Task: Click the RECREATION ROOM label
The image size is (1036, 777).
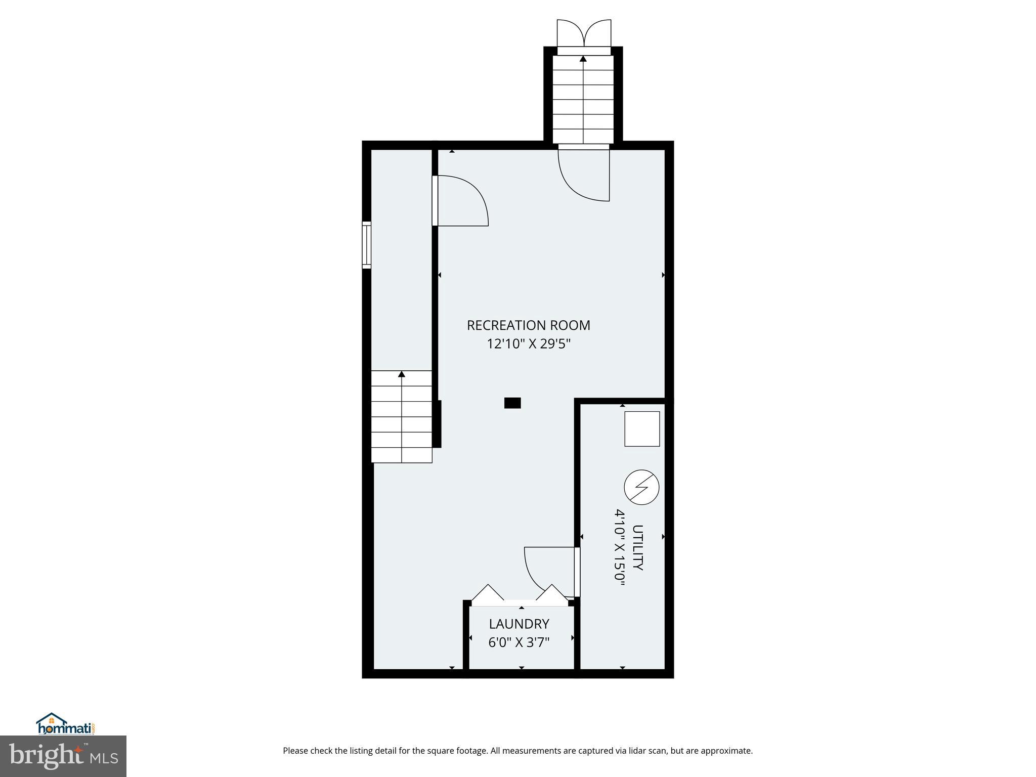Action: click(528, 325)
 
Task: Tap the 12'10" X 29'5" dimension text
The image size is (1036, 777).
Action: click(528, 344)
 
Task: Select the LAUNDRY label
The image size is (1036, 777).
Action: click(519, 624)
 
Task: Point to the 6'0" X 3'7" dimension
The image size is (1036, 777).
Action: click(519, 642)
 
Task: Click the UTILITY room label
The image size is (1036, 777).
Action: click(638, 547)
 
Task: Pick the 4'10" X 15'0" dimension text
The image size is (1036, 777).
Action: click(620, 547)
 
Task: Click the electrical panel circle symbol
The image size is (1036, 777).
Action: click(641, 488)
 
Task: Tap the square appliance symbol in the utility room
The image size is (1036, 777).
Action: click(642, 429)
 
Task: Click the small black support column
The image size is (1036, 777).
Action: click(512, 403)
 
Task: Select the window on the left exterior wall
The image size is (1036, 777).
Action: click(366, 245)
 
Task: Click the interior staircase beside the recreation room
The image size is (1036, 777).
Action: click(402, 417)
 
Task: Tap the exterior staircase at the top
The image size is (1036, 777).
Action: click(583, 99)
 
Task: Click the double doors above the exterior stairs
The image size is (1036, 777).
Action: click(584, 33)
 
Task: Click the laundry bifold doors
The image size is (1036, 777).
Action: click(520, 595)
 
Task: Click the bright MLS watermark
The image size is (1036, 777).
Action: click(63, 756)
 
